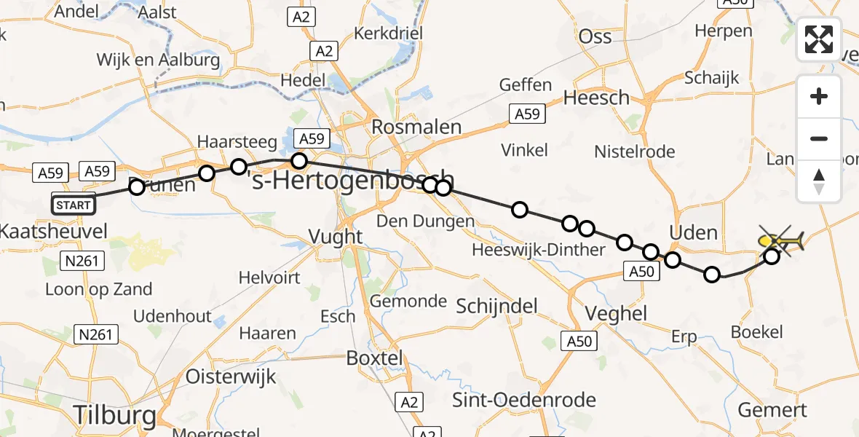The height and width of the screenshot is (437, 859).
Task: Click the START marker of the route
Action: click(73, 205)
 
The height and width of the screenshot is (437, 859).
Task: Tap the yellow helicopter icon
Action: click(780, 240)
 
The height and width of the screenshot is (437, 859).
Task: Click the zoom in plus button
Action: click(819, 96)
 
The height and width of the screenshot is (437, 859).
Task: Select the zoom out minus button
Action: click(819, 138)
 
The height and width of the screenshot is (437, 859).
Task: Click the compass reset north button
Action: click(819, 181)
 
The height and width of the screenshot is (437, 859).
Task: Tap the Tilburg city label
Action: click(115, 416)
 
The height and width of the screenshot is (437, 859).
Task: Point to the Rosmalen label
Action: click(416, 127)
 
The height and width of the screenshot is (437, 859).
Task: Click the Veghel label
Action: click(617, 313)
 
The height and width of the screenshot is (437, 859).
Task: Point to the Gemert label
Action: click(772, 410)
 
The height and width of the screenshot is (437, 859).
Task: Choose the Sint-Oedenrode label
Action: click(524, 399)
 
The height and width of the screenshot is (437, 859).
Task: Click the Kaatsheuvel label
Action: click(54, 232)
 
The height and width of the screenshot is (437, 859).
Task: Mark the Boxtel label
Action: click(374, 358)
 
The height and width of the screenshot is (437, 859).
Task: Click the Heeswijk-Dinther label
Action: click(538, 250)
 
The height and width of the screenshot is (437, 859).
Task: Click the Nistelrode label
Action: click(634, 151)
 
